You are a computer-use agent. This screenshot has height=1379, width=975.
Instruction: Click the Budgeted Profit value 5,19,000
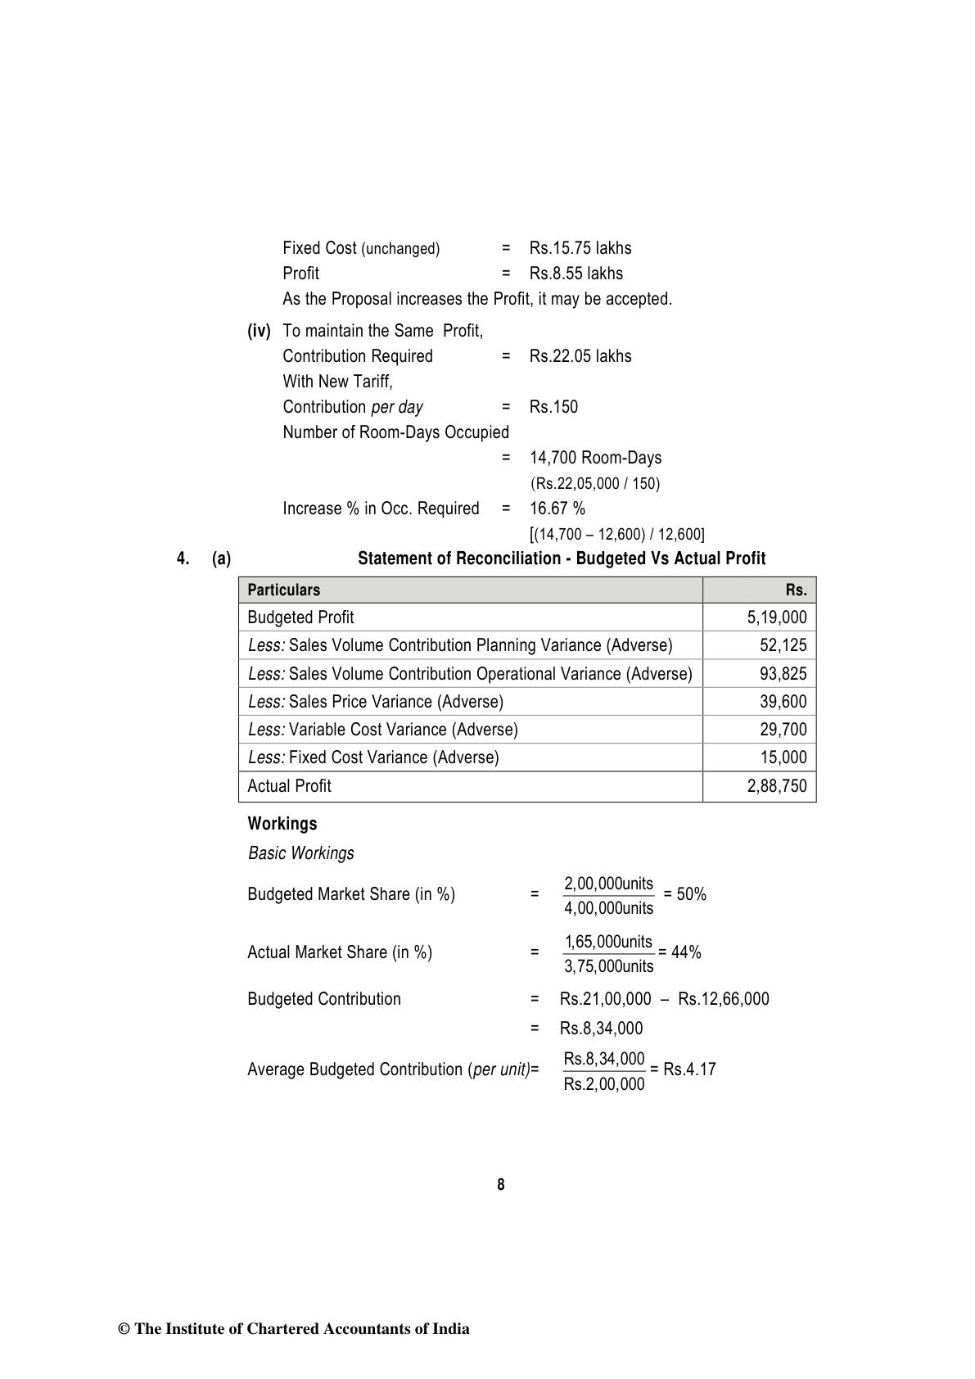(x=776, y=617)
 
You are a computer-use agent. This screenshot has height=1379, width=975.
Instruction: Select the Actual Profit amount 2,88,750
(x=776, y=786)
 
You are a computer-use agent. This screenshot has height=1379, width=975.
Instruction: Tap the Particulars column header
(x=284, y=590)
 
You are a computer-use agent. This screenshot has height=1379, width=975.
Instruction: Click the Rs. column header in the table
(x=796, y=590)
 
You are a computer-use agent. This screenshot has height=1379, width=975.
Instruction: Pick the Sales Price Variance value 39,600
(x=783, y=702)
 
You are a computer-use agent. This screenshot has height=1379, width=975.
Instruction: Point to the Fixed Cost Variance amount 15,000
(x=783, y=757)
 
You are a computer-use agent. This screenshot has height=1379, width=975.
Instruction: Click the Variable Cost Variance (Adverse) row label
(x=383, y=730)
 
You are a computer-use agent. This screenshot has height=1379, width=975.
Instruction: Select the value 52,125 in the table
(x=783, y=645)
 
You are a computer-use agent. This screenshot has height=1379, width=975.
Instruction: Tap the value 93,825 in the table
(x=783, y=674)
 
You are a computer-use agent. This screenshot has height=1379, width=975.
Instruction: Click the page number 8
(x=500, y=1185)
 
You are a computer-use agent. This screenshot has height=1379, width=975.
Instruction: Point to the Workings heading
(x=282, y=824)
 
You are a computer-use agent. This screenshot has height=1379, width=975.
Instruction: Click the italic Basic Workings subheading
(x=301, y=853)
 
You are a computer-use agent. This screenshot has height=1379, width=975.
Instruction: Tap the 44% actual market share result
(x=686, y=952)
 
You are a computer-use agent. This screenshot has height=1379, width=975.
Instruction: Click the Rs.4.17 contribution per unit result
(x=689, y=1069)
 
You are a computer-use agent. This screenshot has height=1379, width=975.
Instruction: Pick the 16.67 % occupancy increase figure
(x=557, y=509)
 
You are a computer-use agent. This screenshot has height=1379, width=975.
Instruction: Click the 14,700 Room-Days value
(x=595, y=458)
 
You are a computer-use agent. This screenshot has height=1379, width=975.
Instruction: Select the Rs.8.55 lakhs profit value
(x=576, y=274)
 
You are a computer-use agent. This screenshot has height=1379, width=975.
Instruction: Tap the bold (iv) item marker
(x=259, y=331)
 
